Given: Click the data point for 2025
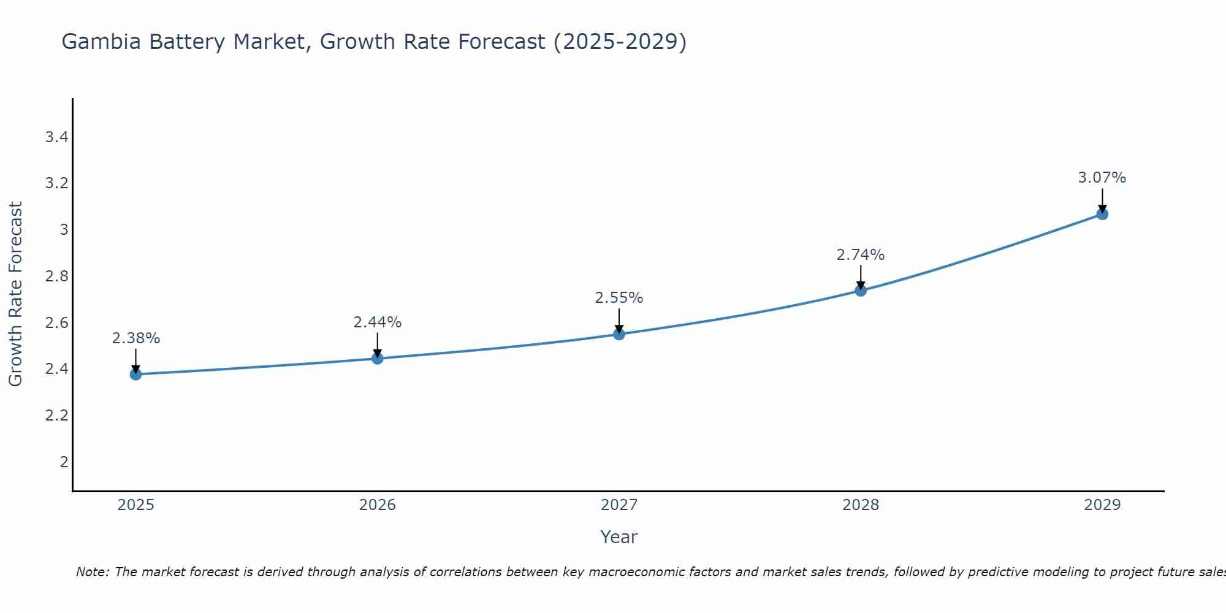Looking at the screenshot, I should [135, 374].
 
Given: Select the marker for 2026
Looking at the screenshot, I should [378, 358].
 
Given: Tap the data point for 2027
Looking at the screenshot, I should [619, 334].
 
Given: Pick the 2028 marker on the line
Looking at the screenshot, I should [861, 290].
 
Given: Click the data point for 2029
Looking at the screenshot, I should [1102, 214].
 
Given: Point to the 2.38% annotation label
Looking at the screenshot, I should [135, 338].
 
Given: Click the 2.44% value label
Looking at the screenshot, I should [378, 322].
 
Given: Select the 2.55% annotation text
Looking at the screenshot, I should [619, 298].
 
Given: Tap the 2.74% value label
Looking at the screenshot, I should [861, 255].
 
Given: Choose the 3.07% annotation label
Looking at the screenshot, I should [1102, 178].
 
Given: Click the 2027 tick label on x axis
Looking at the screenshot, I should [619, 505].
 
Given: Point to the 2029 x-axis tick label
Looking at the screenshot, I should [1102, 505].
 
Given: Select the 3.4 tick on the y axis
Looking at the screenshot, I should [56, 137].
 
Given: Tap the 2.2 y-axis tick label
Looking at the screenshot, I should [56, 416].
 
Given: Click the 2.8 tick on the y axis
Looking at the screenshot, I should [56, 276].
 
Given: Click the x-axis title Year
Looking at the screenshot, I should [619, 537].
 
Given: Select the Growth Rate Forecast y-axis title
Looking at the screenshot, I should [15, 294].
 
